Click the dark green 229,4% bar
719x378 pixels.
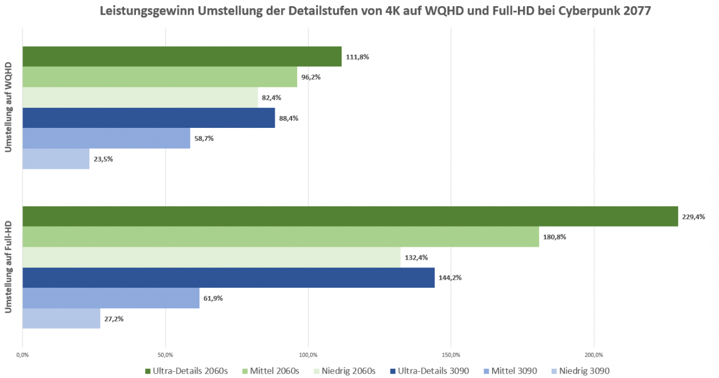(x=350, y=216)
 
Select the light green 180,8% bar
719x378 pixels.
(x=281, y=237)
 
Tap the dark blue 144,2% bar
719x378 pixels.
(x=229, y=278)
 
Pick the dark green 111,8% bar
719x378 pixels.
(x=182, y=57)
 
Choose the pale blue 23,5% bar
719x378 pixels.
(x=56, y=159)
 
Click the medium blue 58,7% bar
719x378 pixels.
(x=106, y=138)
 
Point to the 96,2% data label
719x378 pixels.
(x=311, y=77)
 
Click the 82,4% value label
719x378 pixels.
(x=271, y=98)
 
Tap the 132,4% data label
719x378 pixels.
(x=416, y=257)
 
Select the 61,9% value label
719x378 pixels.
(x=213, y=298)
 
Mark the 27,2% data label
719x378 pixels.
(x=114, y=319)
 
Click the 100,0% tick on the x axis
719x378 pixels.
(x=308, y=355)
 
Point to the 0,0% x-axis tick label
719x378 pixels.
(x=22, y=355)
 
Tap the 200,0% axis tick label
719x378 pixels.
(x=594, y=355)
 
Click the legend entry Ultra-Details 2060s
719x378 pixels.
(x=186, y=371)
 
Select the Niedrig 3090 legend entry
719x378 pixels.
(x=580, y=371)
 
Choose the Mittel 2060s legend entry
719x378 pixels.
(x=271, y=371)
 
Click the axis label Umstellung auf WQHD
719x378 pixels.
(x=8, y=107)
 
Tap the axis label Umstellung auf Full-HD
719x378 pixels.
(x=8, y=267)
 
